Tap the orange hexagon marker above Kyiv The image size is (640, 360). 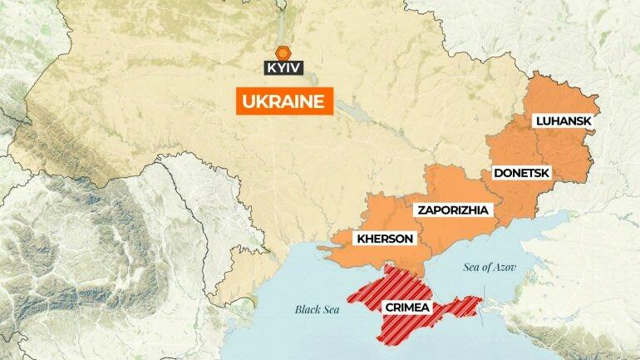coord(283,52)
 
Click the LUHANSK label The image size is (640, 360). coord(564,121)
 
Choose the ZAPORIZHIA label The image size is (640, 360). coord(453,210)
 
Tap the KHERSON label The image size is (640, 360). coord(384,239)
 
